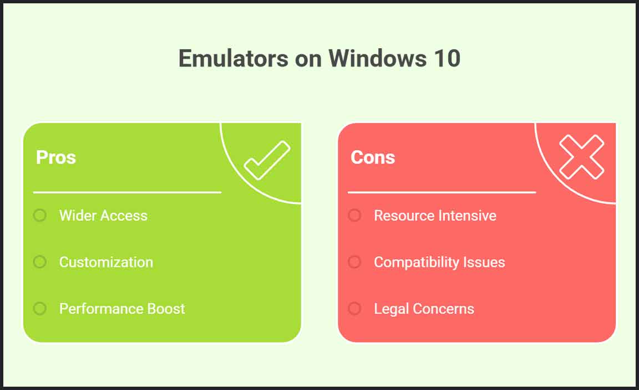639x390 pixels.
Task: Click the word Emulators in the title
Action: [234, 58]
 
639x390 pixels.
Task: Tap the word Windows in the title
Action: [377, 58]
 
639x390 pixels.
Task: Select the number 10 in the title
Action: [447, 58]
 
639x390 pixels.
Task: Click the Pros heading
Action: [56, 157]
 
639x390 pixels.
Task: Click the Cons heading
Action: [373, 157]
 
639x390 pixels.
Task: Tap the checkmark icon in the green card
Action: [267, 160]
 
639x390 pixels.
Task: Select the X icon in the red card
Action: [581, 157]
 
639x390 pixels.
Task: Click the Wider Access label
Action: [103, 215]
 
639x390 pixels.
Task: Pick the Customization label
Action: [106, 262]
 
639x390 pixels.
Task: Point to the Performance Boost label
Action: [122, 309]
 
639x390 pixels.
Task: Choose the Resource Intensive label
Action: [435, 215]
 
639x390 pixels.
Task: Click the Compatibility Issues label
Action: [439, 263]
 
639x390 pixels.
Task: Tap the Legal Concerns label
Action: [424, 309]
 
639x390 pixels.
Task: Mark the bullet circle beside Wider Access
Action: [40, 215]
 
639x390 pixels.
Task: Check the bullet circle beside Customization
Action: [40, 262]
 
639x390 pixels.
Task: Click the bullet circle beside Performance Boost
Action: [40, 309]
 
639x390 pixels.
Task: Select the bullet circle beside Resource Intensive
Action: [354, 215]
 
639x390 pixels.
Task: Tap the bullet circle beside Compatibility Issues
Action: [354, 262]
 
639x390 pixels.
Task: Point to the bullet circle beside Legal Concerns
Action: [354, 309]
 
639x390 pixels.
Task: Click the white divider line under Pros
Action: [127, 192]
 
